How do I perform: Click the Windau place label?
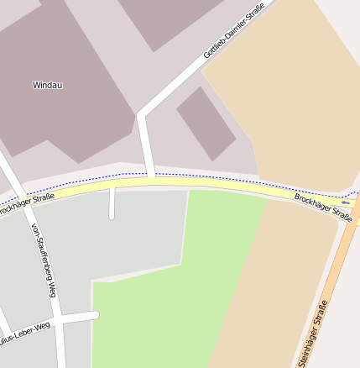(48, 85)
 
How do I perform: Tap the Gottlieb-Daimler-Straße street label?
(233, 31)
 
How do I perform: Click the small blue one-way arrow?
(345, 202)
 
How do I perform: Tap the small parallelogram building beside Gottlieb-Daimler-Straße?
(206, 124)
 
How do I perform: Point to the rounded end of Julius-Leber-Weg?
(95, 315)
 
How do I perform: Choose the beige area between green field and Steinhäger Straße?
(277, 286)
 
